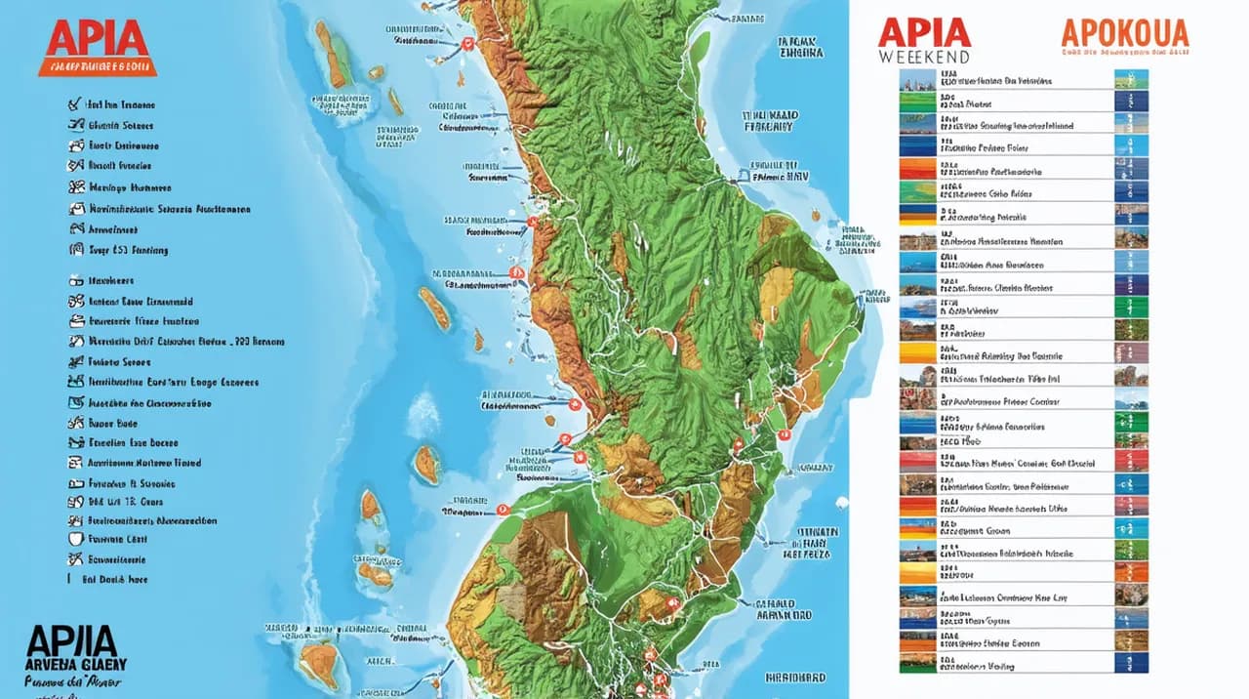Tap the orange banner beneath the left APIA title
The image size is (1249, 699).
pyautogui.click(x=97, y=67)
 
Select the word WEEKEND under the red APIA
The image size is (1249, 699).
pyautogui.click(x=923, y=57)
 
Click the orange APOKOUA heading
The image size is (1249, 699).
pyautogui.click(x=1125, y=33)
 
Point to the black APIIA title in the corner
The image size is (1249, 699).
pyautogui.click(x=72, y=641)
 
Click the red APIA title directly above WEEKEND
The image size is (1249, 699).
pyautogui.click(x=924, y=31)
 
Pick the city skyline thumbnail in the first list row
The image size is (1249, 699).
pyautogui.click(x=916, y=80)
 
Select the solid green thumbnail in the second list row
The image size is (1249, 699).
pyautogui.click(x=916, y=101)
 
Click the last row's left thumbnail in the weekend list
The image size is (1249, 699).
pyautogui.click(x=916, y=663)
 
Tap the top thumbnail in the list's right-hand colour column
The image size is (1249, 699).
pyautogui.click(x=1131, y=80)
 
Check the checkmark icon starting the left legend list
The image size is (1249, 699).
pyautogui.click(x=72, y=103)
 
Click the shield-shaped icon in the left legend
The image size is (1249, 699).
pyautogui.click(x=74, y=539)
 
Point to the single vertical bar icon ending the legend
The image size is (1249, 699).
pyautogui.click(x=69, y=579)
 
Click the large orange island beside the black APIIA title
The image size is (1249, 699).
pyautogui.click(x=318, y=665)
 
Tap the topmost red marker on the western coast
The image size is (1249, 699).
pyautogui.click(x=467, y=44)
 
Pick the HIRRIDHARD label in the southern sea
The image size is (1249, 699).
pyautogui.click(x=793, y=677)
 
